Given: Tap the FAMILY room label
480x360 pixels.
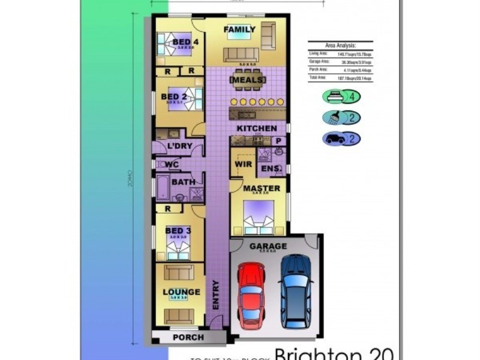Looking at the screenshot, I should click(239, 29).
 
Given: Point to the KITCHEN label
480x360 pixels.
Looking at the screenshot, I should click(257, 128).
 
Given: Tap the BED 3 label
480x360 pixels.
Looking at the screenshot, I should click(178, 231).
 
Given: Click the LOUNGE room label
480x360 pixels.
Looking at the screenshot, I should click(181, 292).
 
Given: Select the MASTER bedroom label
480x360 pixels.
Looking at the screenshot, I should click(262, 188).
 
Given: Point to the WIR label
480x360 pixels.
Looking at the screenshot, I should click(243, 163).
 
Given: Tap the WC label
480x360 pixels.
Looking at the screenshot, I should click(172, 164).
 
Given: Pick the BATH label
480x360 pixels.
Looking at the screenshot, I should click(183, 182).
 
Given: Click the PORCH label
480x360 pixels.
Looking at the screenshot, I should click(188, 337).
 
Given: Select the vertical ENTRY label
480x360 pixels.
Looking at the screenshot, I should click(215, 294).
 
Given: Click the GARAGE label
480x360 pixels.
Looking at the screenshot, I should click(268, 246).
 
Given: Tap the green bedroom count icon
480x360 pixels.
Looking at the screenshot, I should click(340, 97).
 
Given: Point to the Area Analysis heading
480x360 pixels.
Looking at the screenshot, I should click(340, 45).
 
